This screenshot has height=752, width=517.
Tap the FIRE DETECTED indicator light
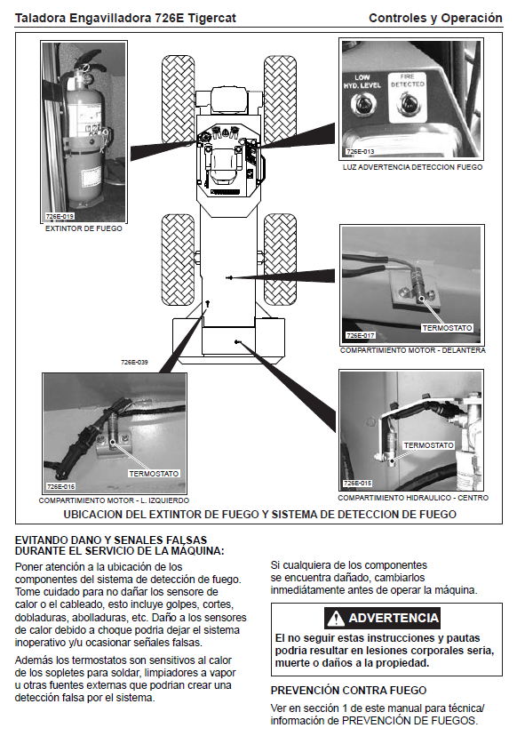408,103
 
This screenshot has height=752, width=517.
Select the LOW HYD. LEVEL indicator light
362,104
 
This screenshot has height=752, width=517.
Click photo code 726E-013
360,151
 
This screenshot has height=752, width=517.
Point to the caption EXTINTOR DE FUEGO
84,228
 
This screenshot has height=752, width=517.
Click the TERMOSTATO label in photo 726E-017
447,328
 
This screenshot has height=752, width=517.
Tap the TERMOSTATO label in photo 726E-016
154,474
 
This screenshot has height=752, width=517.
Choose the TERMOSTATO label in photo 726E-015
428,445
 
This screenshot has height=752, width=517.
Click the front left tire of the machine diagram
179,100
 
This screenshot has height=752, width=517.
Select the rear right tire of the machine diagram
281,259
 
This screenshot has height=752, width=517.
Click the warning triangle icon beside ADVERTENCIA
336,618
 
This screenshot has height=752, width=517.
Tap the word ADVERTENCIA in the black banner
394,618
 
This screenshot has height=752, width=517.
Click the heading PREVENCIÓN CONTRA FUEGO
348,690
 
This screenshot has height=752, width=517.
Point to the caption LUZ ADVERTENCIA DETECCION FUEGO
412,167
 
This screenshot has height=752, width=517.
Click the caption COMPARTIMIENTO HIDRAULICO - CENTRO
413,498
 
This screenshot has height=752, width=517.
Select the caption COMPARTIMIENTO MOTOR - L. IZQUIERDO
114,500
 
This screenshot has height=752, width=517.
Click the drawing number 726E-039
134,362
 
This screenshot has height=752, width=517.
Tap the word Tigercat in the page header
211,19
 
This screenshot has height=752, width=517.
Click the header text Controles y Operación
435,19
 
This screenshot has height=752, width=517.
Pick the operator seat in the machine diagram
224,163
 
